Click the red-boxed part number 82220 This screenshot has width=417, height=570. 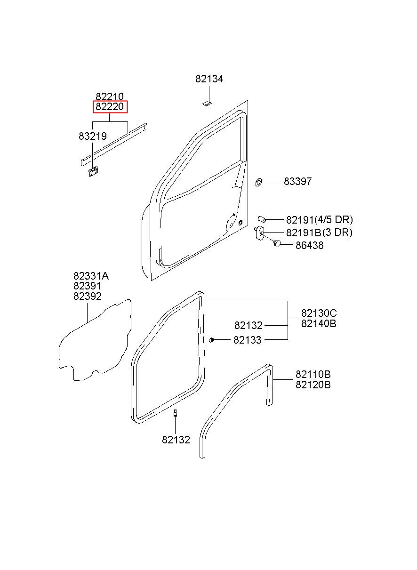(x=110, y=107)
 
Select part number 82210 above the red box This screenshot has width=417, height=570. (x=110, y=97)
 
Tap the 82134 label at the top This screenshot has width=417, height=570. (x=209, y=79)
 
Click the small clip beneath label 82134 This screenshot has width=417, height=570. (x=207, y=103)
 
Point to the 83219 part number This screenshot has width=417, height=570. (x=93, y=136)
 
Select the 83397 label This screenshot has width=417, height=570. (x=297, y=182)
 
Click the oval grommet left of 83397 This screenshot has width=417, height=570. (x=258, y=182)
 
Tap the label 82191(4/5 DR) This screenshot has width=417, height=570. (x=319, y=219)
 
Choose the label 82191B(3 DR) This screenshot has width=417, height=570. (x=319, y=233)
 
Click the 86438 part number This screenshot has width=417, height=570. (x=309, y=245)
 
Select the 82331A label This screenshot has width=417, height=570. (x=94, y=276)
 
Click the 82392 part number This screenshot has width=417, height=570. (x=87, y=297)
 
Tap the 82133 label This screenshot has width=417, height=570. (x=248, y=340)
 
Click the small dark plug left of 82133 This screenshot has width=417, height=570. (x=212, y=339)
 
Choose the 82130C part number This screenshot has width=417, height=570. (x=319, y=313)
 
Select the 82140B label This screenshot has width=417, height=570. (x=319, y=324)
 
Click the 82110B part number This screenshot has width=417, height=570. (x=313, y=375)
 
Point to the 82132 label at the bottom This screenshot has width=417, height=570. (x=176, y=440)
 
